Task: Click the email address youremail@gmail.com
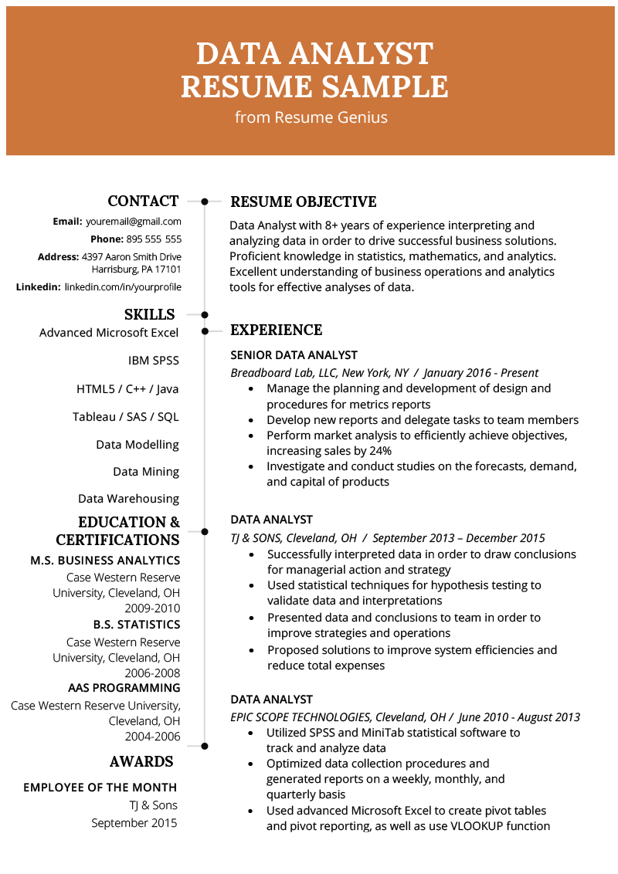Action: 133,222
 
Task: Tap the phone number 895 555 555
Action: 154,239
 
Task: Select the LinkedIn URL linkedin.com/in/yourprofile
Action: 123,287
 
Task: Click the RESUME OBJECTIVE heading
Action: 304,202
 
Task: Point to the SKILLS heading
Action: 150,314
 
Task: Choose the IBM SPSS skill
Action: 154,361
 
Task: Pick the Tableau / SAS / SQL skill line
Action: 126,417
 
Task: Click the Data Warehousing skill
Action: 128,499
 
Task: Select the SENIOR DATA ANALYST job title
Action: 294,355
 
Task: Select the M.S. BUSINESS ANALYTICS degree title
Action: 105,561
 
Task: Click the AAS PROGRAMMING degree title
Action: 124,688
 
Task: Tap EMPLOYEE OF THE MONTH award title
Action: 100,788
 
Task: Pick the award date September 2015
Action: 134,823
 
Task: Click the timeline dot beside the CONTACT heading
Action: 205,202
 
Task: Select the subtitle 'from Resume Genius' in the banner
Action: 311,118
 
